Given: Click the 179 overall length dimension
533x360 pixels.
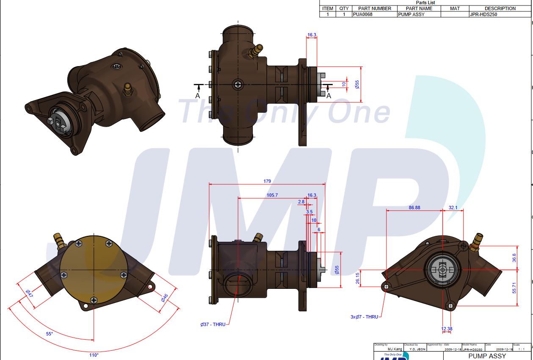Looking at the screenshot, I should [267, 181].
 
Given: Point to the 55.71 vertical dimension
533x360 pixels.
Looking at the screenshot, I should [514, 288].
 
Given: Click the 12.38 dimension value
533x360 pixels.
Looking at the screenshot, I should [447, 329].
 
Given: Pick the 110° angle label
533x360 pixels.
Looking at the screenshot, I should [94, 355].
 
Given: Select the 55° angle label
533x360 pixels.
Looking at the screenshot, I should [50, 334].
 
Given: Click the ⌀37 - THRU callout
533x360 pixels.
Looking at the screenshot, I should [213, 324].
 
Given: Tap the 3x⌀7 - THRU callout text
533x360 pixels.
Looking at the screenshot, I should [364, 317].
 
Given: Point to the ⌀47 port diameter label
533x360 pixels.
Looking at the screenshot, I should [28, 294].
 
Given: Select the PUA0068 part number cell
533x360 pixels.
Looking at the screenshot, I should [363, 14].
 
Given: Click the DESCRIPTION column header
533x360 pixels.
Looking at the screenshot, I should [500, 8].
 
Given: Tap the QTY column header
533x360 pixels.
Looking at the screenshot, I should [344, 8].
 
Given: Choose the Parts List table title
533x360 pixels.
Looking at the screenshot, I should [425, 3].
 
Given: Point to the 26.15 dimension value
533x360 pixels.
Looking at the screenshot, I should [358, 277].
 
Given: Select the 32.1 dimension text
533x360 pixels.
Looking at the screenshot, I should [453, 208].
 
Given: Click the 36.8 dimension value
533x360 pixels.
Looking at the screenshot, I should [514, 258].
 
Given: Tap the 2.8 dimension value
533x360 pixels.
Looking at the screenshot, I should [301, 202].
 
